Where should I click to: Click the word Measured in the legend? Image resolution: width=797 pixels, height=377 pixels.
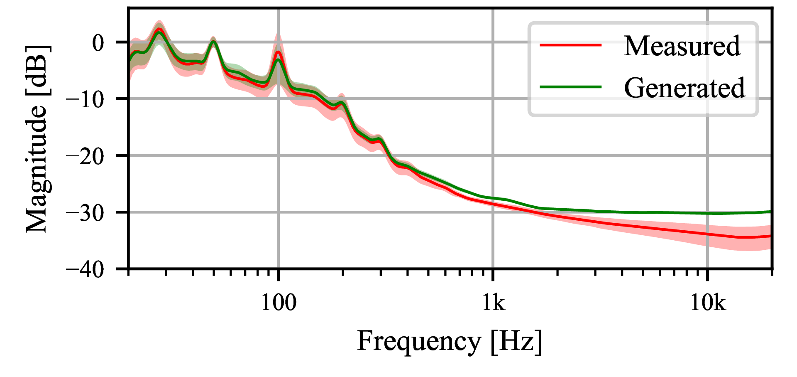[x=682, y=46]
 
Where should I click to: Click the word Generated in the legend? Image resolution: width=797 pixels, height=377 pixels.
[x=684, y=88]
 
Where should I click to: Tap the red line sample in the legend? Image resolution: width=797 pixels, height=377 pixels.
[x=570, y=44]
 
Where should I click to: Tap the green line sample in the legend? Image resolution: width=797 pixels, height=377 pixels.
[x=570, y=87]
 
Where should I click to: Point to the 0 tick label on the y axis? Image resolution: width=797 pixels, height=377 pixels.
[x=98, y=43]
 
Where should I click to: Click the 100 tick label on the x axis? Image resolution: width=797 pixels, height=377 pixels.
[x=278, y=303]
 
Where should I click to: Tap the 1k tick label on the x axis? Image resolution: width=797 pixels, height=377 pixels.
[x=493, y=303]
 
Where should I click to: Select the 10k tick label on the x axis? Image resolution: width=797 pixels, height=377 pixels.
[x=708, y=303]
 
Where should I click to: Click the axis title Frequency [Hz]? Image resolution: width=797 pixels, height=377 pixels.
[x=450, y=342]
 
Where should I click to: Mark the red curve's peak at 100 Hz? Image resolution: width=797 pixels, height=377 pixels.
[x=278, y=52]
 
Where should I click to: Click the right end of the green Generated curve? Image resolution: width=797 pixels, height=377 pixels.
[x=770, y=212]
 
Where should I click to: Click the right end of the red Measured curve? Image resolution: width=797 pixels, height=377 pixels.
[x=770, y=236]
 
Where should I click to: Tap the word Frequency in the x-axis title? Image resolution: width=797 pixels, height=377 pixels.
[x=419, y=342]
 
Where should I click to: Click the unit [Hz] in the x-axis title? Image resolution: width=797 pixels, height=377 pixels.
[x=516, y=342]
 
